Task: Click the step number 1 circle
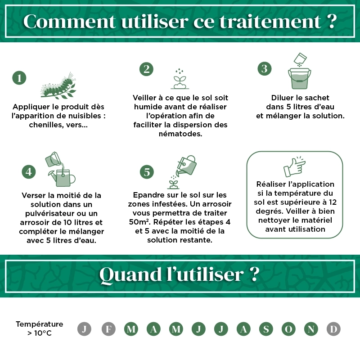coord(19,78)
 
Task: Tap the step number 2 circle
coord(146,69)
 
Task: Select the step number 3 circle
coord(265,68)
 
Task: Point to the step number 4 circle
coord(29,171)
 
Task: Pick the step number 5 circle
coord(147,171)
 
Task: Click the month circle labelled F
coord(108,329)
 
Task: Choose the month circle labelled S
coord(266,329)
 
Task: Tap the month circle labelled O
coord(288,329)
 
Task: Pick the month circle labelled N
coord(311,329)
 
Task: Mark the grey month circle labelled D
coord(333,329)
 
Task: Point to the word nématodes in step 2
coord(180,134)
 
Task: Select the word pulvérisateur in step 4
coord(49,213)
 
